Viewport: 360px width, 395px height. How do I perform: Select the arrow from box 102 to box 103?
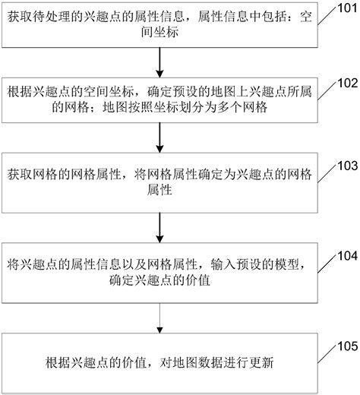pos(159,137)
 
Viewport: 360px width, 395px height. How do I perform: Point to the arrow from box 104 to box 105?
pos(159,317)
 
